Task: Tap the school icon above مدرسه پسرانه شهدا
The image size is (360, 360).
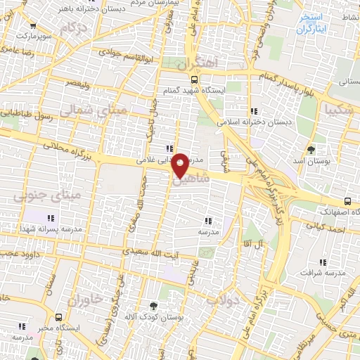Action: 50,217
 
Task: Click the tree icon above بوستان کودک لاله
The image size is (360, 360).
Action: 154,305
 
